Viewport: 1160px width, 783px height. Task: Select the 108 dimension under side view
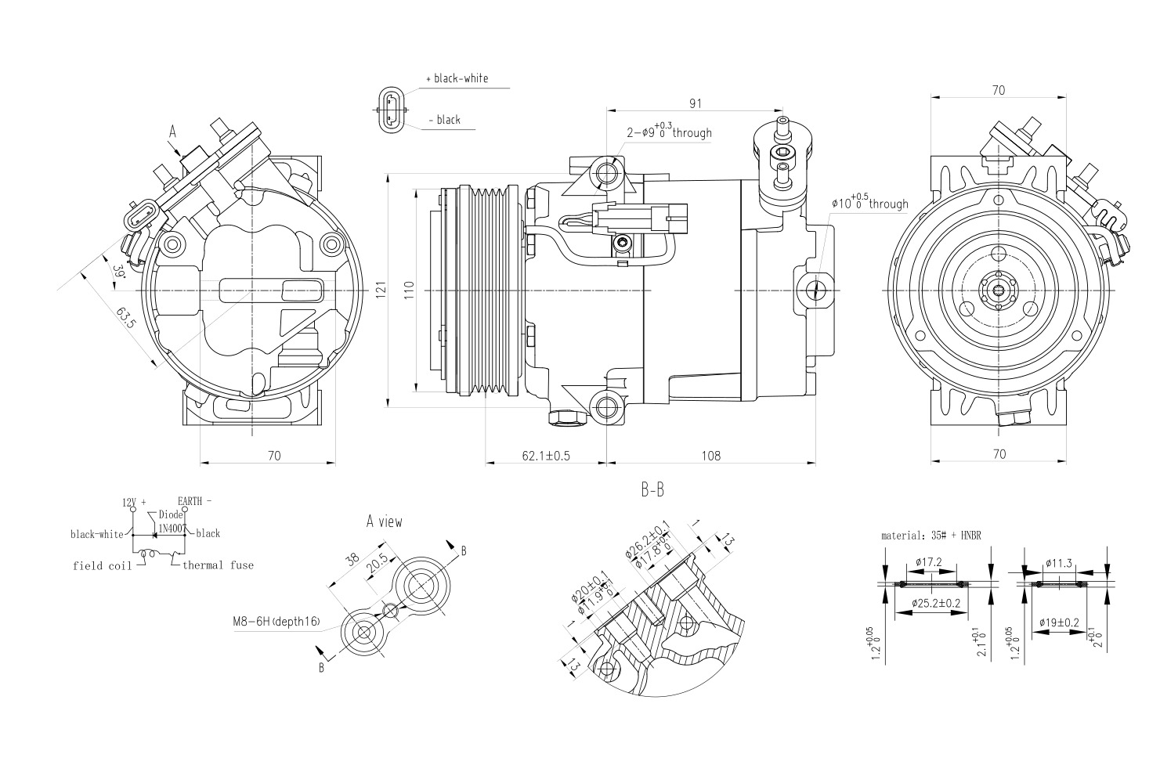(x=710, y=455)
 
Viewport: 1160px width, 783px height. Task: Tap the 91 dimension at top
(x=696, y=103)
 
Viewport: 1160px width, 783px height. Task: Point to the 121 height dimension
(x=381, y=291)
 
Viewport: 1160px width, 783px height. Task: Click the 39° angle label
(x=119, y=272)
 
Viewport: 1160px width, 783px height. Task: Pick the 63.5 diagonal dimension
(x=125, y=319)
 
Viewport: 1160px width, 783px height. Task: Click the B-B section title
(x=652, y=491)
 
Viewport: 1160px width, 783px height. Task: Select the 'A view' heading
(x=384, y=521)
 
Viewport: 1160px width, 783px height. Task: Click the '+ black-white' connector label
(x=457, y=78)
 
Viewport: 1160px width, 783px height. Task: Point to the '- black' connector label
(x=444, y=120)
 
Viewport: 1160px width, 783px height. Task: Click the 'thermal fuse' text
(x=218, y=565)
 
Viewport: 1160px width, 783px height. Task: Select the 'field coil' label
(x=103, y=565)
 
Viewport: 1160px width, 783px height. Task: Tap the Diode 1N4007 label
(x=171, y=521)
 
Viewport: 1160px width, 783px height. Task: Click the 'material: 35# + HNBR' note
(x=931, y=536)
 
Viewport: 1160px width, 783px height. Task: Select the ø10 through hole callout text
(x=869, y=204)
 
